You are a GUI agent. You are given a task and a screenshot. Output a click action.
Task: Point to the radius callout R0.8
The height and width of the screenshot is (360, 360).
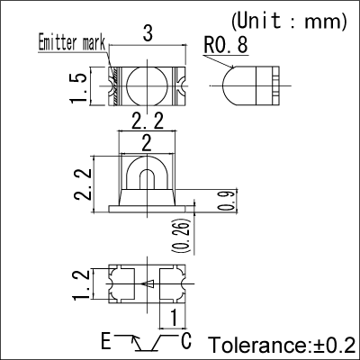click(226, 43)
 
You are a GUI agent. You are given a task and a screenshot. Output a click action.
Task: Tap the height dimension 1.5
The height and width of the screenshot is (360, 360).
click(83, 89)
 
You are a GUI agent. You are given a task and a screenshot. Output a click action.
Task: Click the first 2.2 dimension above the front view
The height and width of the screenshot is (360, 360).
click(147, 121)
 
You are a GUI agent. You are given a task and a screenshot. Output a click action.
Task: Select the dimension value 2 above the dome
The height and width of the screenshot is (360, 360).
click(147, 140)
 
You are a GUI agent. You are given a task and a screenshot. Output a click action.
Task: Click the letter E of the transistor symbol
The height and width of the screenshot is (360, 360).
click(106, 341)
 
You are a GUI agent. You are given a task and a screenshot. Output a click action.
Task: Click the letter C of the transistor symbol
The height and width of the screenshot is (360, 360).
click(186, 341)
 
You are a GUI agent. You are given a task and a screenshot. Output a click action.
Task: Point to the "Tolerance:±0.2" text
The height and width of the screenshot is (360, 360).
click(282, 346)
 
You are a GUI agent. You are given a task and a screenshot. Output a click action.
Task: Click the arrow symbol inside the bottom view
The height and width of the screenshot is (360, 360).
click(148, 285)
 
